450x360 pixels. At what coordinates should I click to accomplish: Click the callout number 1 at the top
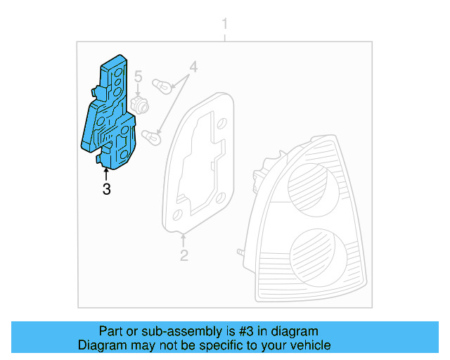click(225, 25)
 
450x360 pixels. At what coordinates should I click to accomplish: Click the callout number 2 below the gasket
click(184, 255)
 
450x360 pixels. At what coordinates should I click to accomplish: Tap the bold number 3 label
click(106, 188)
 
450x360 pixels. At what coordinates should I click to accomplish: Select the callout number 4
click(193, 69)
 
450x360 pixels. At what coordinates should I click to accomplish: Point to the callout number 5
click(139, 76)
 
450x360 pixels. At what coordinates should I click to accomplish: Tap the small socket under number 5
click(139, 104)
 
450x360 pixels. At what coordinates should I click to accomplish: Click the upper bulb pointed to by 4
click(162, 88)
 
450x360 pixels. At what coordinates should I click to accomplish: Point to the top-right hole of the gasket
click(221, 124)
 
